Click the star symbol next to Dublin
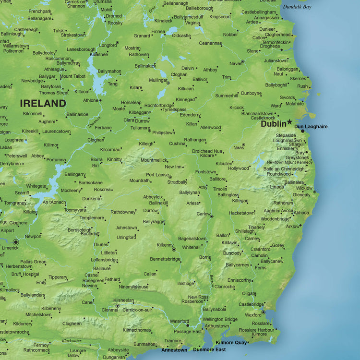pyautogui.click(x=289, y=122)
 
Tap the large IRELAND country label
pyautogui.click(x=43, y=103)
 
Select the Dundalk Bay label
pyautogui.click(x=297, y=7)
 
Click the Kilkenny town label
pyautogui.click(x=165, y=245)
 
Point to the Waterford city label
pyautogui.click(x=180, y=321)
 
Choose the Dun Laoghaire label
pyautogui.click(x=311, y=127)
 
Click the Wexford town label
pyautogui.click(x=253, y=315)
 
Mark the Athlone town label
pyautogui.click(x=90, y=100)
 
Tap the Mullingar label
pyautogui.click(x=158, y=80)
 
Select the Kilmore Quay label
pyautogui.click(x=231, y=342)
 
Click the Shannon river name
pyautogui.click(x=95, y=122)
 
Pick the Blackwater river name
pyautogui.click(x=72, y=340)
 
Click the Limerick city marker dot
pyautogui.click(x=16, y=242)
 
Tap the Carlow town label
pyautogui.click(x=203, y=214)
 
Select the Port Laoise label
pyautogui.click(x=157, y=175)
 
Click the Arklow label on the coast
pyautogui.click(x=293, y=226)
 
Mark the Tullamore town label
pyautogui.click(x=140, y=128)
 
